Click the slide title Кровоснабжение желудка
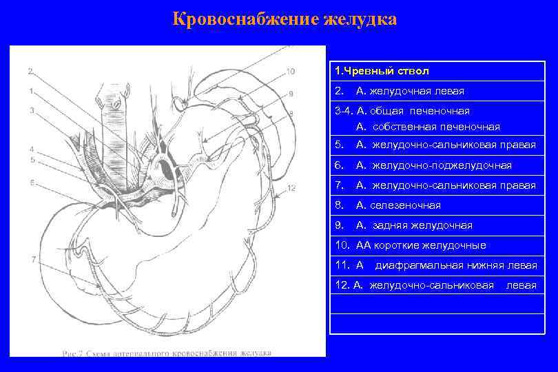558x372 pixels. pos(285,19)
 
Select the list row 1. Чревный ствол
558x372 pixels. pos(381,71)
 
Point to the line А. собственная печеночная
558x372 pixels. pos(428,127)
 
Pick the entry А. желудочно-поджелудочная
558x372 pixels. pos(433,165)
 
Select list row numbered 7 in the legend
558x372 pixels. pos(434,185)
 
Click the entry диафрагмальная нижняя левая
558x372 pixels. pos(455,265)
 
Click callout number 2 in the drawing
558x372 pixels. pos(30,71)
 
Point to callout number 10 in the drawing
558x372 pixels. pos(290,71)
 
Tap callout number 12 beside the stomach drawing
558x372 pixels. pos(291,187)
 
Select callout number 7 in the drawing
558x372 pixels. pos(33,259)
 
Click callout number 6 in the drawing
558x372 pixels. pos(32,183)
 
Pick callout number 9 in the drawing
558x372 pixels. pos(291,94)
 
